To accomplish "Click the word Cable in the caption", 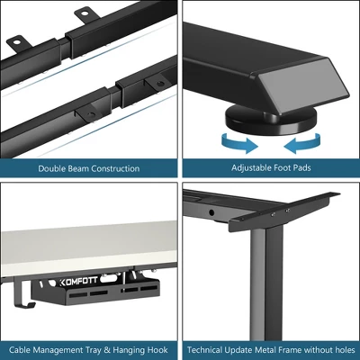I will (22, 349).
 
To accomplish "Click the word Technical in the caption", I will (206, 349).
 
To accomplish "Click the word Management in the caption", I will (59, 349).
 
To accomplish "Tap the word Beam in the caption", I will (79, 168).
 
